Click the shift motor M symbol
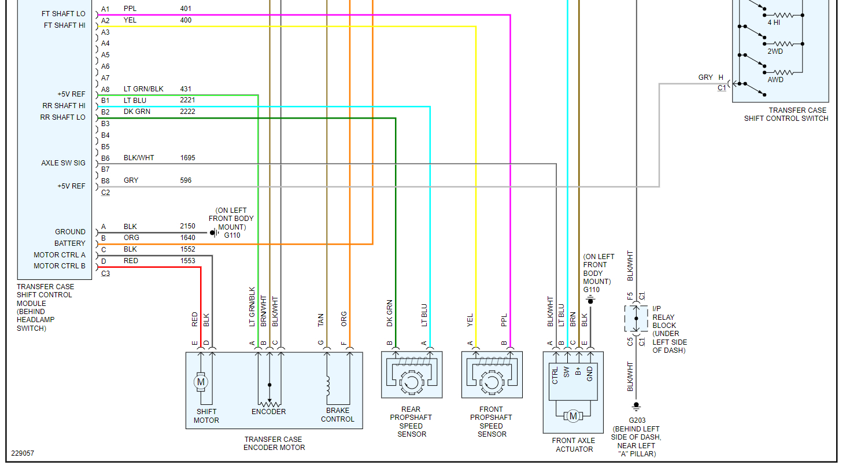point(201,382)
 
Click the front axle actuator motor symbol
point(573,416)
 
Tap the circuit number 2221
point(187,100)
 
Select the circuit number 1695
point(187,158)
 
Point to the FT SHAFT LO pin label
point(64,14)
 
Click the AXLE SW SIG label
point(64,163)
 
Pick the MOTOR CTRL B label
point(60,266)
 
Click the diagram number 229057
point(23,453)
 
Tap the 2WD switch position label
point(775,51)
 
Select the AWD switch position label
point(775,80)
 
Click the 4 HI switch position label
point(774,23)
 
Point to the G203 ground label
point(637,420)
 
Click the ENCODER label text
point(268,412)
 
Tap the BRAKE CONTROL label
point(338,415)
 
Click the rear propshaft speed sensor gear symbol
point(411,382)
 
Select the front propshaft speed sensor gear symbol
point(492,382)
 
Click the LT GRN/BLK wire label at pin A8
point(143,89)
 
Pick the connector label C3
point(105,274)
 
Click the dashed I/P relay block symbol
point(637,319)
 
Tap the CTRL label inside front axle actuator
point(555,376)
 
